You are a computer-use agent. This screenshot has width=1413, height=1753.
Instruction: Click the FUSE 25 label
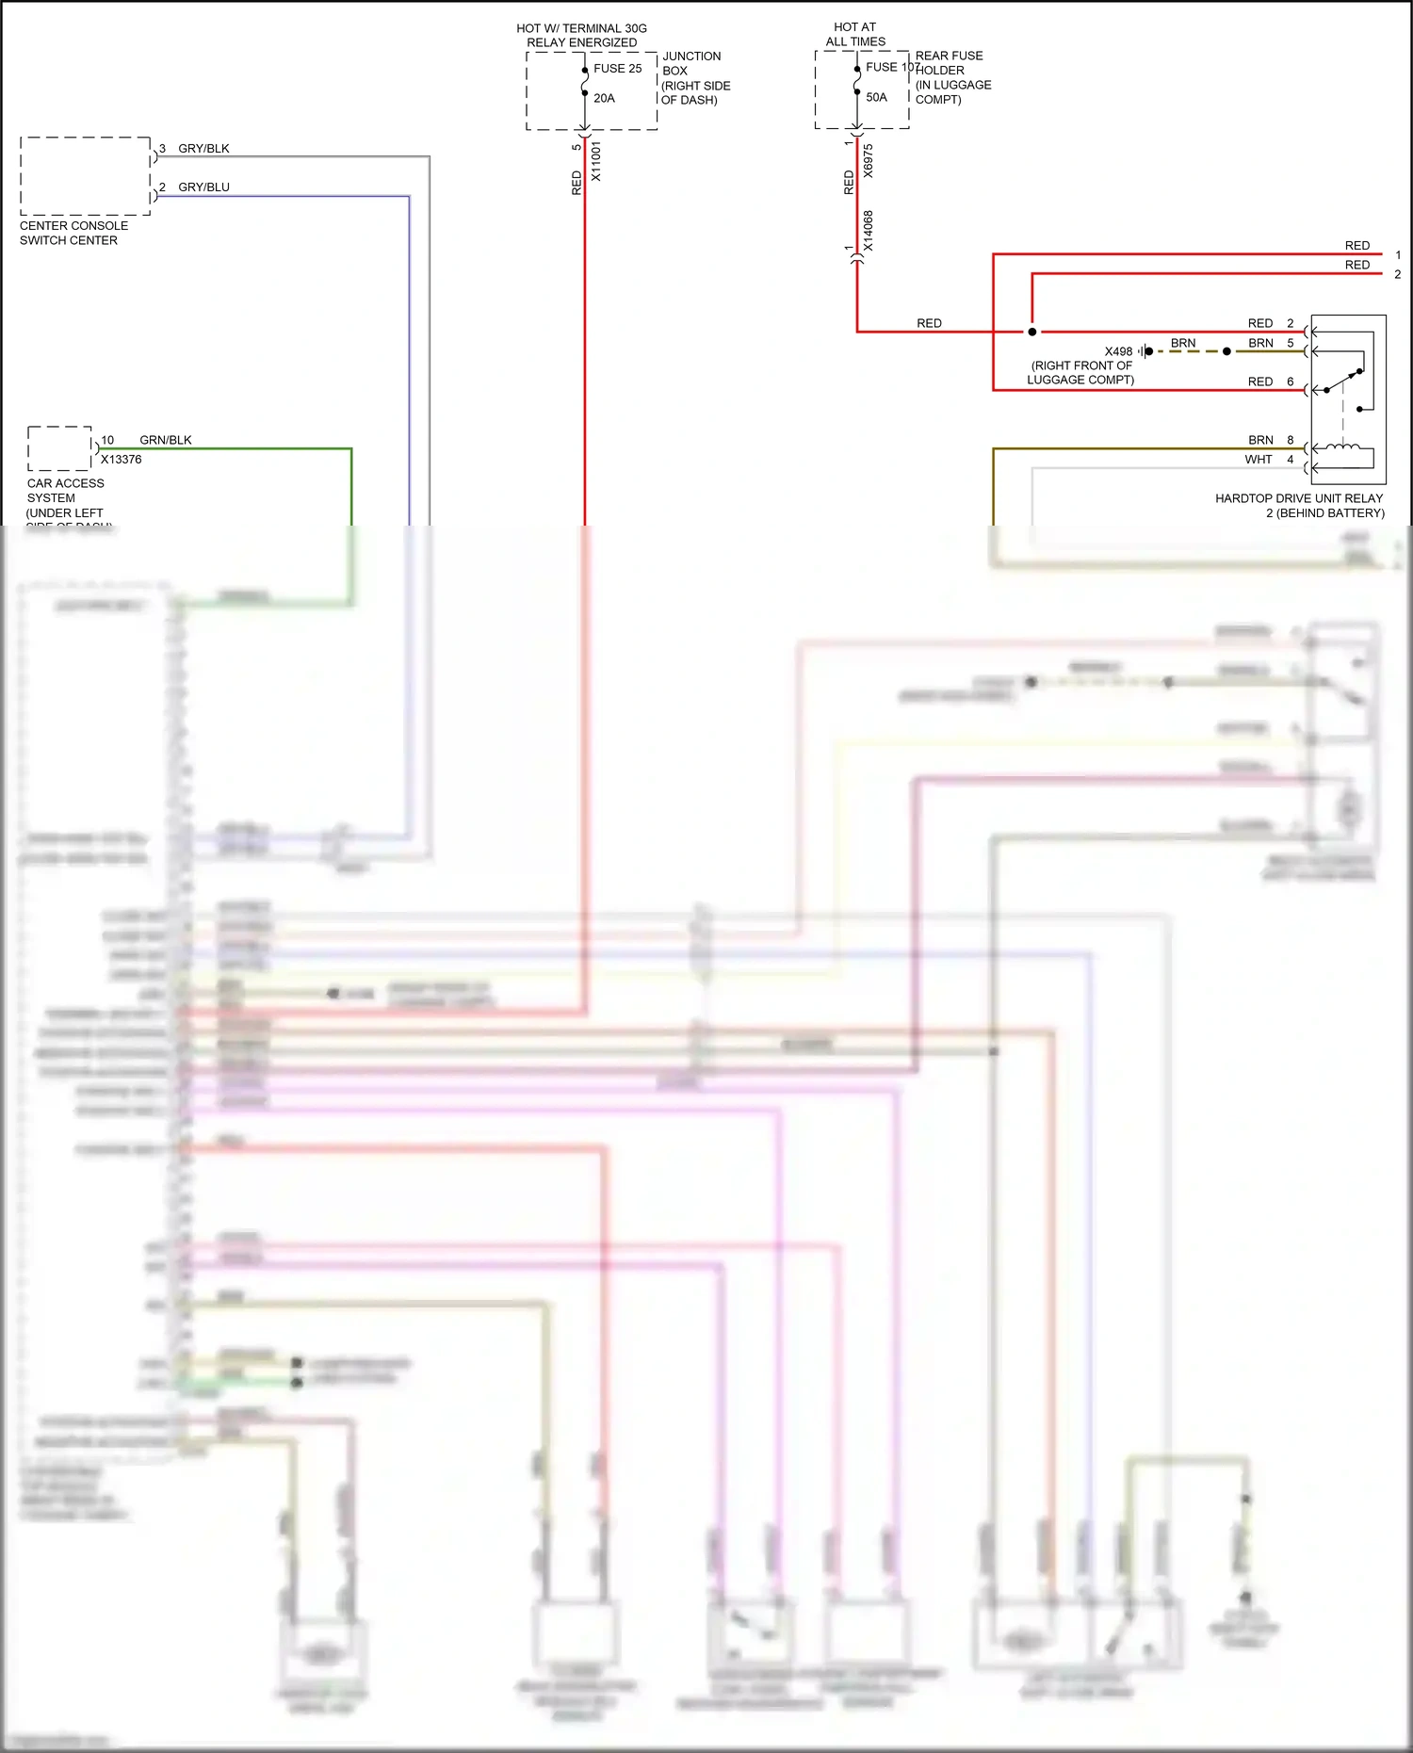(617, 69)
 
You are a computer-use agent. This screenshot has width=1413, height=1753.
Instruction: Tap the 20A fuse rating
(604, 98)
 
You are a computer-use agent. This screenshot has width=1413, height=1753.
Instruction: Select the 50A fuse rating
(876, 97)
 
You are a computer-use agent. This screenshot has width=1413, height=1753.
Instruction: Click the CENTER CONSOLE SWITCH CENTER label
(73, 233)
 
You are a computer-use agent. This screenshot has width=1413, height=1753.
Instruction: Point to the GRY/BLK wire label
(203, 149)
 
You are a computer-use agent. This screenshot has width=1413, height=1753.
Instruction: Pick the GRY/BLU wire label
(203, 187)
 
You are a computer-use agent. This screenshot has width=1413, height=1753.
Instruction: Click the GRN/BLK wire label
(166, 440)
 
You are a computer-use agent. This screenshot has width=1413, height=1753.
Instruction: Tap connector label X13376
(122, 460)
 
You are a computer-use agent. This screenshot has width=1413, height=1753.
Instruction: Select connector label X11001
(595, 161)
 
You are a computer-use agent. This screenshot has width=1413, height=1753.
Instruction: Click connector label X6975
(868, 161)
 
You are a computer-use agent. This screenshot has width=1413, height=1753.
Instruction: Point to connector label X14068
(868, 231)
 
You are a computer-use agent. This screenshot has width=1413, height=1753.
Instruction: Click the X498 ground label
(1118, 351)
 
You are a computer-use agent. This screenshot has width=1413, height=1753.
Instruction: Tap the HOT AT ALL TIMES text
(855, 35)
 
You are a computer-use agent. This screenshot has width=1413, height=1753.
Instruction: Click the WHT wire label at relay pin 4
(1258, 460)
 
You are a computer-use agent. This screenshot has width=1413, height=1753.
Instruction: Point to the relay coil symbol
(1342, 448)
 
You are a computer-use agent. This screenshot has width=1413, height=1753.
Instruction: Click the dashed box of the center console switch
(85, 176)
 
